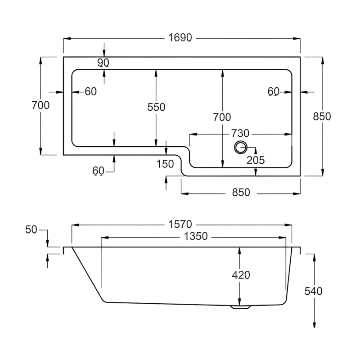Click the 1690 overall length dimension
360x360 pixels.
point(181,38)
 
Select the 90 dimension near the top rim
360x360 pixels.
point(103,63)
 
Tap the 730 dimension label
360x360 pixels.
point(240,134)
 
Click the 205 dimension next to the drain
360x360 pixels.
point(256,159)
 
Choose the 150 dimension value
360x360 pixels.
point(166,164)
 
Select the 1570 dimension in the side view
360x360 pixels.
point(181,224)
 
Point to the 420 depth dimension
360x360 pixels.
point(241,275)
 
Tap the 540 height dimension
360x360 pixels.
point(313,291)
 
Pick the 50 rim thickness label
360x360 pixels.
point(31,230)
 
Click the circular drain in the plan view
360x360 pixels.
point(240,147)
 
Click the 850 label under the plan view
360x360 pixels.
point(241,192)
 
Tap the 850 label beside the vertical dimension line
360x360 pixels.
point(322,116)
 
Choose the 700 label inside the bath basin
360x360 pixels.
point(222,117)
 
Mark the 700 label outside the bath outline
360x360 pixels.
point(40,105)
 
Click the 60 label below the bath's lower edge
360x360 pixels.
point(98,171)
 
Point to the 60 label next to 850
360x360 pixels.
point(274,92)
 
